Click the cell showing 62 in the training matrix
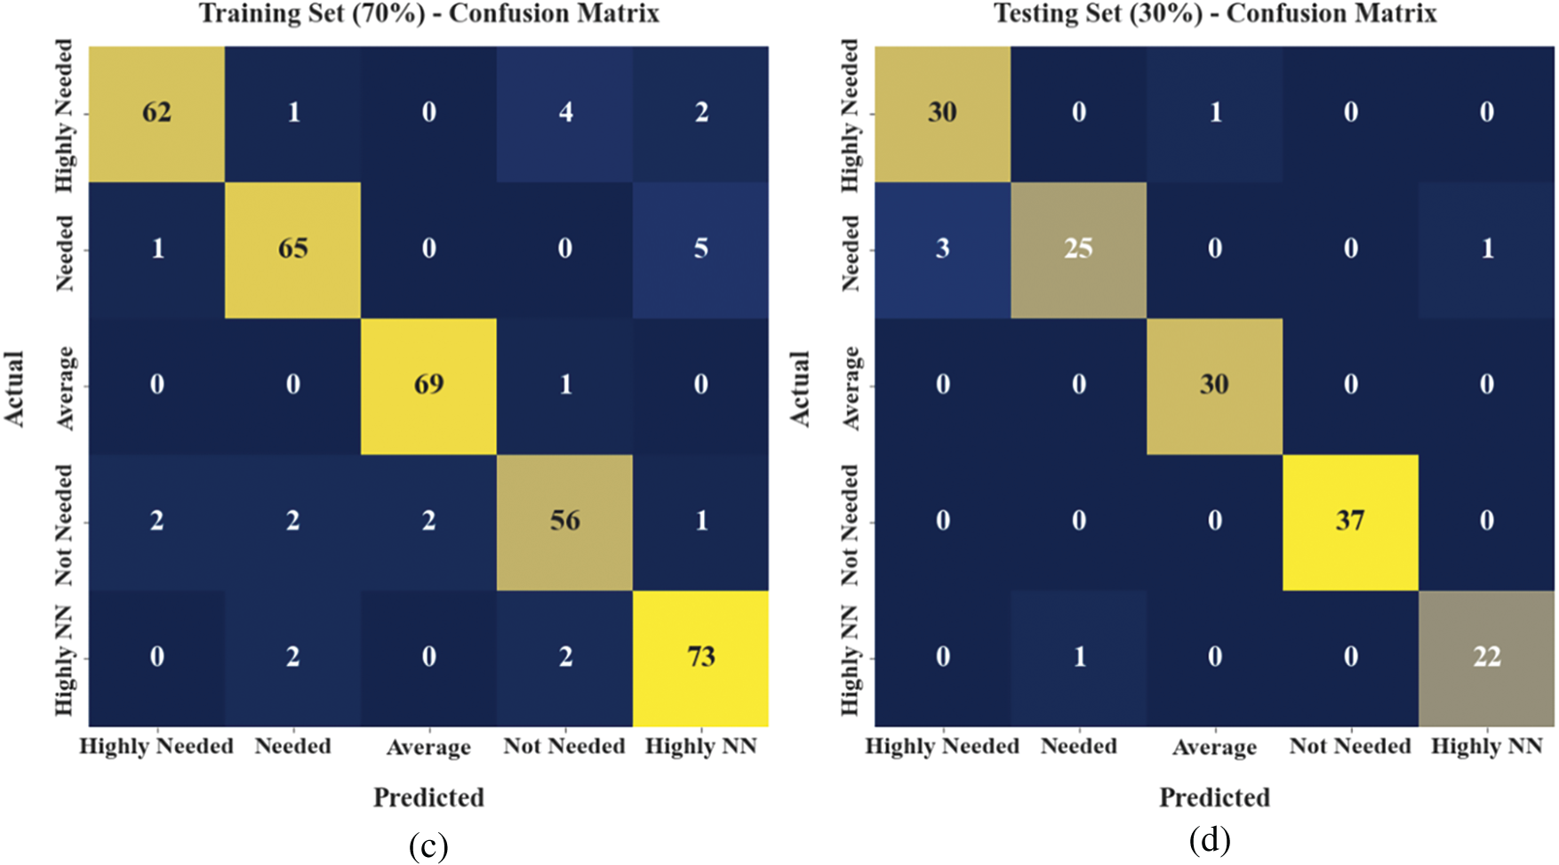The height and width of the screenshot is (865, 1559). click(156, 113)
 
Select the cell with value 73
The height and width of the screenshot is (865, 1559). click(700, 658)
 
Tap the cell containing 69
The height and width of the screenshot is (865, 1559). click(428, 385)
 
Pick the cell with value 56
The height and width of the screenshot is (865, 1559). click(564, 521)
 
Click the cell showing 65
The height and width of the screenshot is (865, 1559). click(292, 249)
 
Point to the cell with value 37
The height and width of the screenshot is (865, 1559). click(1350, 521)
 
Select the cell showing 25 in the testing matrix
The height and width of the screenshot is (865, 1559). click(1078, 249)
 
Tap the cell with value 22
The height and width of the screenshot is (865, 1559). click(1486, 658)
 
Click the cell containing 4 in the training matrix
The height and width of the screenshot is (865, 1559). click(564, 113)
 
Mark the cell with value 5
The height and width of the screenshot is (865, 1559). click(700, 249)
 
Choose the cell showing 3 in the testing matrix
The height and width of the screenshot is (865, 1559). click(942, 249)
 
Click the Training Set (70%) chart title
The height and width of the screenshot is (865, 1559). click(428, 14)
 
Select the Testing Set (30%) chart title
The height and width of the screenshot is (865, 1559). click(1214, 14)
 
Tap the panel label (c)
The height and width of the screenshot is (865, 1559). click(428, 845)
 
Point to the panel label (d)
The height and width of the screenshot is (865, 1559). click(1210, 839)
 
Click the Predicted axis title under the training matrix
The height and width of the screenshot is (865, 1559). click(428, 797)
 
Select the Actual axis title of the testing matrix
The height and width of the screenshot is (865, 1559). click(800, 388)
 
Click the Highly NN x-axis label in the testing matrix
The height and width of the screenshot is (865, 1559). click(1486, 746)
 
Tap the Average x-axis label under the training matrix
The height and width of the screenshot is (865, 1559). click(428, 748)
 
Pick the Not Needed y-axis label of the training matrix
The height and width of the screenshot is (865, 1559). click(64, 525)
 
